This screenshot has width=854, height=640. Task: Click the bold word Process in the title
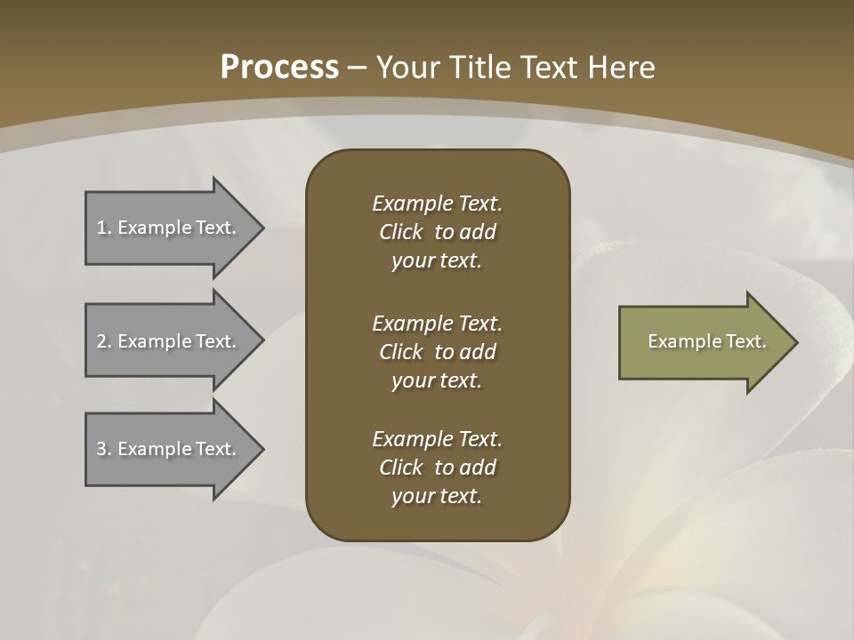279,68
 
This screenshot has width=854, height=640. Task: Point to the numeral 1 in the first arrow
101,228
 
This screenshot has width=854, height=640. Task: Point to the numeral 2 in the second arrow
101,341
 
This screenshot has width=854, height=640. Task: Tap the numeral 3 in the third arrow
101,449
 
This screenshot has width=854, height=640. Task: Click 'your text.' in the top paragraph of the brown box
436,261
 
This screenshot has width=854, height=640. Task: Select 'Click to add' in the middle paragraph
437,352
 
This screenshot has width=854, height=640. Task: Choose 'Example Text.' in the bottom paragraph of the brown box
437,439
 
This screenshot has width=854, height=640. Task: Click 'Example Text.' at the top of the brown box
437,204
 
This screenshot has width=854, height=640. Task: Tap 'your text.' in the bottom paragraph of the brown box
436,497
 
